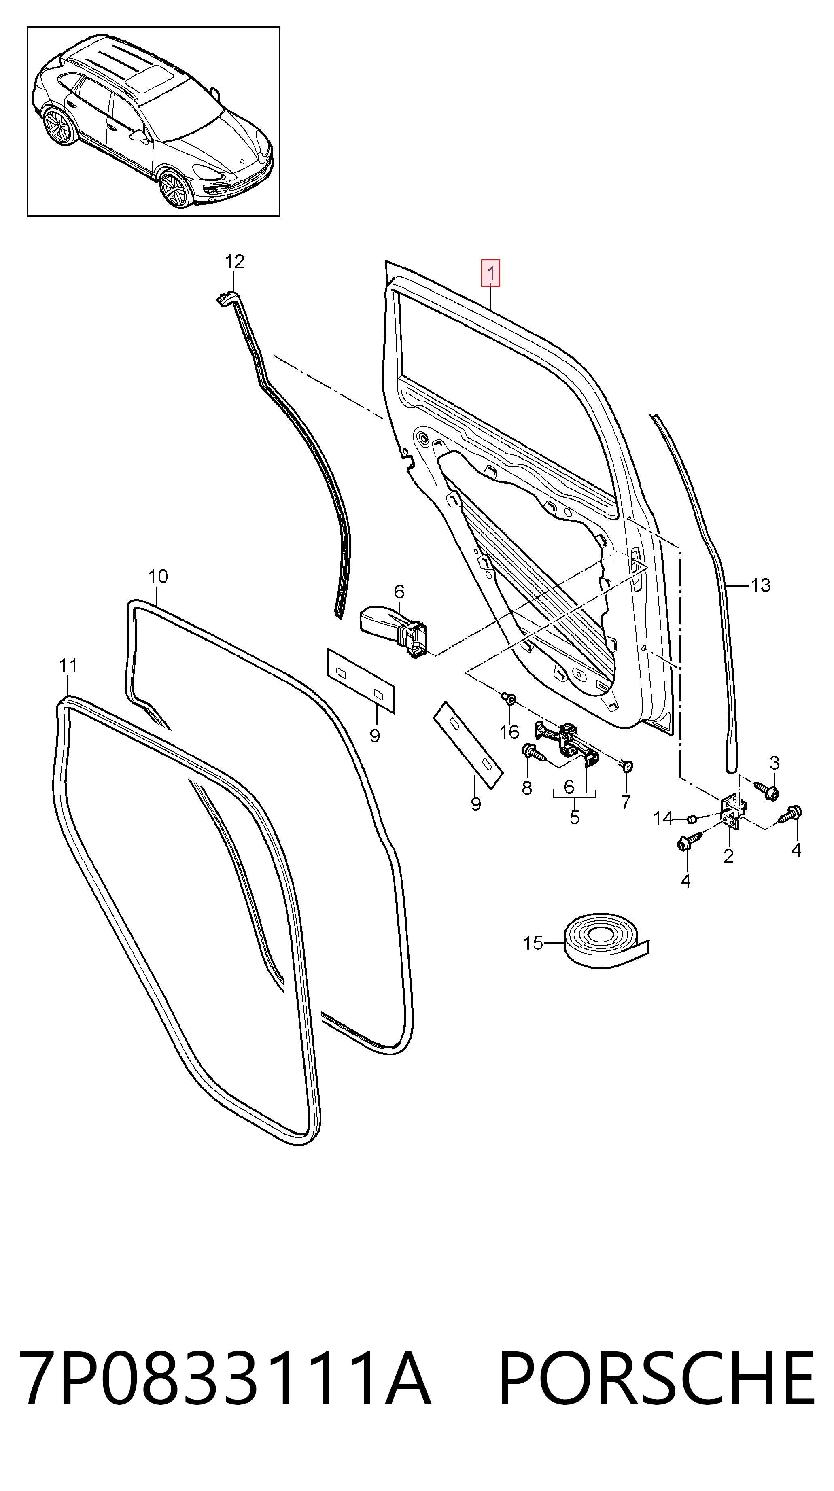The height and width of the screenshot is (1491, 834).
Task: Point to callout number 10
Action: point(157,577)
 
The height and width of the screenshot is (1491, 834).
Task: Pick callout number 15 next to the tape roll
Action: point(533,944)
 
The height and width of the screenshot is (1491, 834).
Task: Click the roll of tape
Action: point(607,941)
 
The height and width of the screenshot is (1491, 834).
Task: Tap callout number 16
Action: point(509,732)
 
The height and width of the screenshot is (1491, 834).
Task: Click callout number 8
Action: point(527,788)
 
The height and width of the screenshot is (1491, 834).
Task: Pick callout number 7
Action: point(626,802)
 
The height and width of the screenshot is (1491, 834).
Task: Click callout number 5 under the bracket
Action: point(574,817)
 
